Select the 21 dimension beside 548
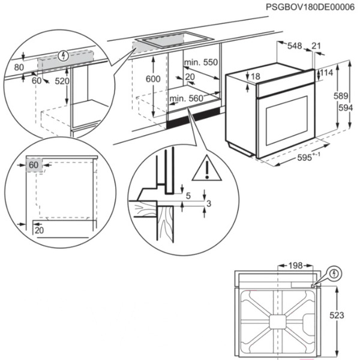(316, 46)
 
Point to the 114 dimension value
(327, 73)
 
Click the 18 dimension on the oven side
(256, 76)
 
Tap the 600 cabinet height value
(154, 80)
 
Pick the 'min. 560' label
(185, 99)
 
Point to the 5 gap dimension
(188, 195)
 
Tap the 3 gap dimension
(208, 205)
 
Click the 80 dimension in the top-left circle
(17, 67)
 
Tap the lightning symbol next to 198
(334, 274)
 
